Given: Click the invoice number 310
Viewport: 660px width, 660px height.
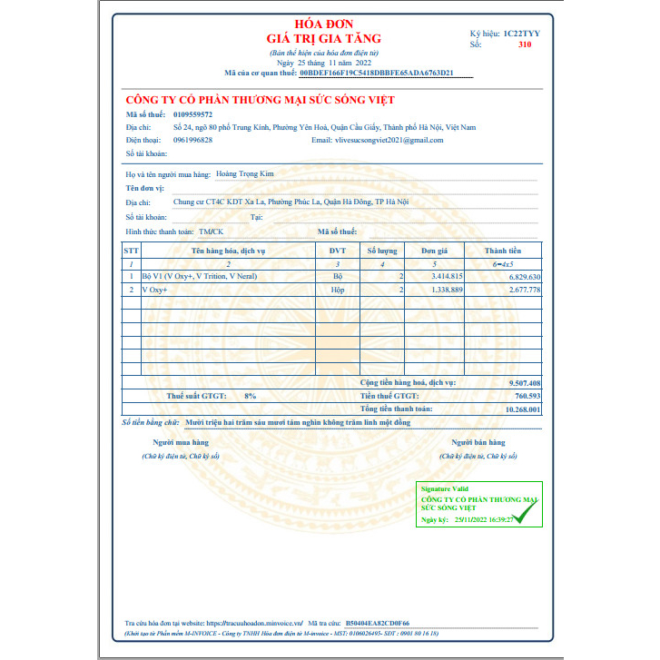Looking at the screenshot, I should click(x=525, y=44).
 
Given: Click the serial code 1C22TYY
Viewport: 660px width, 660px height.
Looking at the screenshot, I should click(x=521, y=33).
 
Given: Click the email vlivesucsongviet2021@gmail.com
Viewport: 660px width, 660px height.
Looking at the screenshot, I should click(x=389, y=140).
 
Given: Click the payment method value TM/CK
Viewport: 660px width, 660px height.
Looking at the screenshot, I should click(x=211, y=232).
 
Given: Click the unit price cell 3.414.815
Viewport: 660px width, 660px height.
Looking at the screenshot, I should click(x=446, y=275).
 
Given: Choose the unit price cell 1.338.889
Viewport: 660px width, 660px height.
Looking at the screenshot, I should click(x=446, y=289).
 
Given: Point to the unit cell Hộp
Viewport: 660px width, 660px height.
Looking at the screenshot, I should click(x=338, y=289).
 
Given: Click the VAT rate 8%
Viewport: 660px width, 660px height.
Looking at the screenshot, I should click(x=251, y=396).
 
